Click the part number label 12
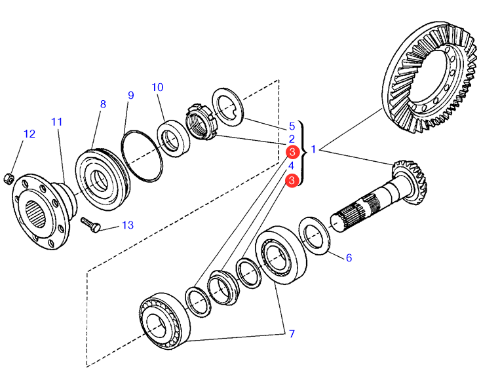(29, 134)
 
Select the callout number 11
(57, 122)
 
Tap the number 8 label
(102, 104)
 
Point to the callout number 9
(130, 96)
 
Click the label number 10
(157, 88)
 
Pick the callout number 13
(127, 225)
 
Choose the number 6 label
(349, 257)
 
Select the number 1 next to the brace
(314, 150)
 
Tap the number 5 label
(292, 126)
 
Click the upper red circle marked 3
(292, 152)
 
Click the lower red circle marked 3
(292, 180)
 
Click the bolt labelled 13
(90, 224)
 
